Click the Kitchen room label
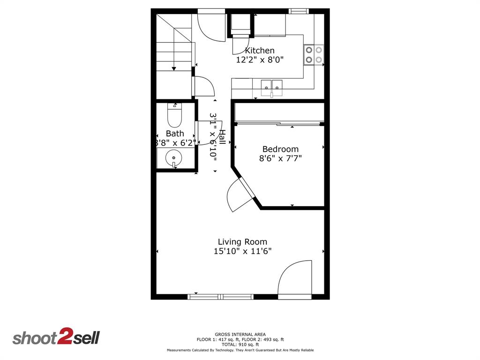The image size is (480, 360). point(260,51)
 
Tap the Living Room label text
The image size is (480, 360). point(242,242)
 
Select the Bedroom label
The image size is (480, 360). point(280,149)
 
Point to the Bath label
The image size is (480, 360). point(174,134)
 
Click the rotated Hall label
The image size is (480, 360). point(223,139)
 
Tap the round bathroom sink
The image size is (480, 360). point(174,158)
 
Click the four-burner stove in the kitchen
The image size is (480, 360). point(314,54)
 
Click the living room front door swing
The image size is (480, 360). point(295,279)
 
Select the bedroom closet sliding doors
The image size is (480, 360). point(279,124)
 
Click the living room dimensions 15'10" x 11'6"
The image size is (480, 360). point(242,251)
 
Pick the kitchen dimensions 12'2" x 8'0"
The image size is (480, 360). point(260,60)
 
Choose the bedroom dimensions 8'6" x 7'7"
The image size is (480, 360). point(280,158)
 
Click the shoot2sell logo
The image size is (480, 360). point(56,337)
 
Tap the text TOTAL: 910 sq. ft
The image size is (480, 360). point(240,345)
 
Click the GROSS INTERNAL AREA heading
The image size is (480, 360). point(240,334)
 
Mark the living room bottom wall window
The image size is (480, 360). point(220,296)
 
